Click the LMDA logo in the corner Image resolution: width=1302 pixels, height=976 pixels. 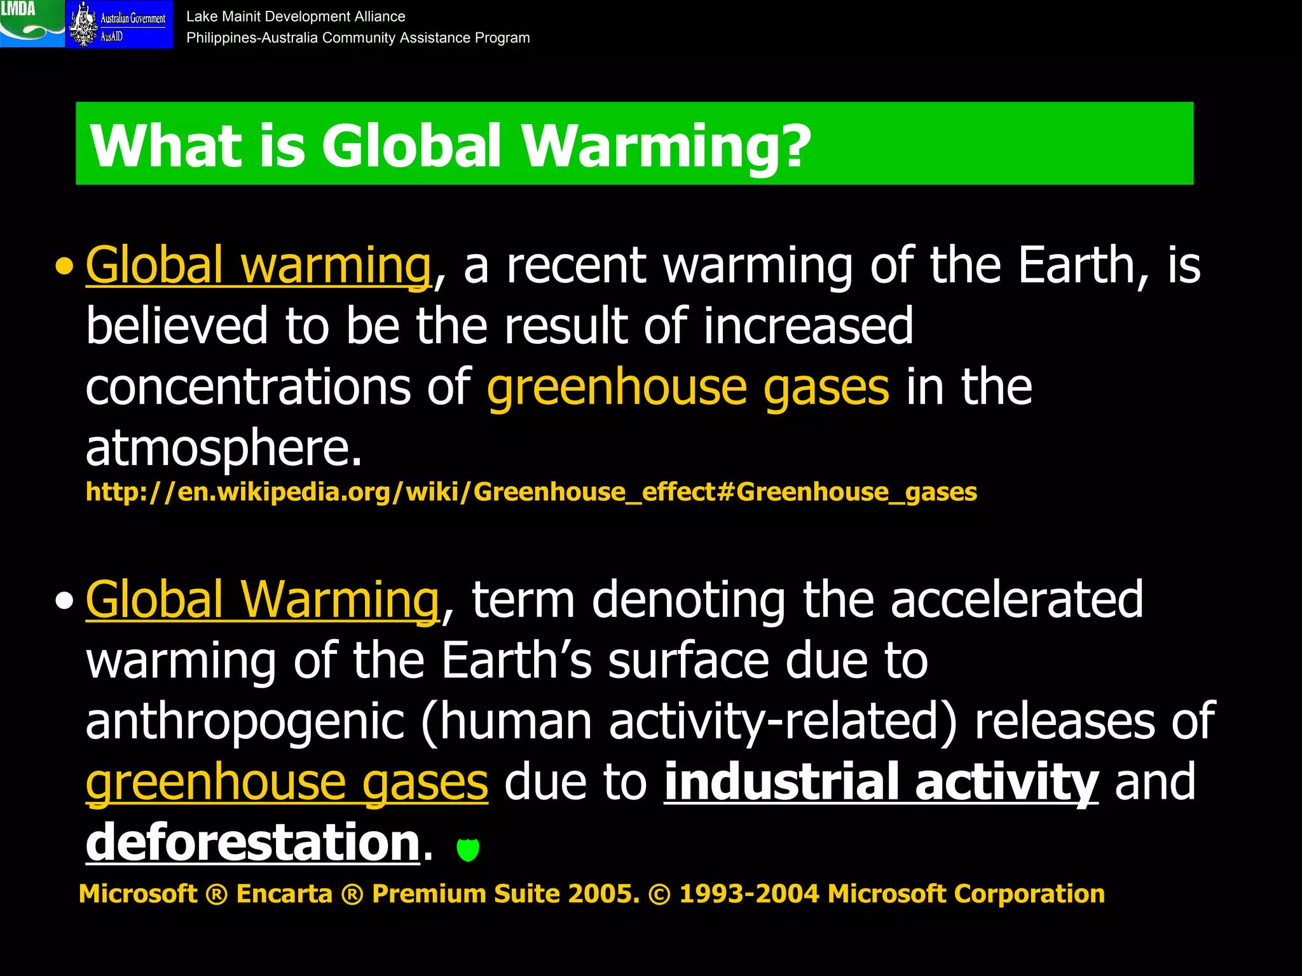[32, 24]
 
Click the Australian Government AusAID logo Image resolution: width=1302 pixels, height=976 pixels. [120, 24]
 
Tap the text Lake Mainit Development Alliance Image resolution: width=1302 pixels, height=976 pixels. [296, 17]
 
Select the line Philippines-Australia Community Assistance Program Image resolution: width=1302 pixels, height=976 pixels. [358, 38]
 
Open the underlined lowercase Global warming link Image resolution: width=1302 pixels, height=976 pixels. [258, 266]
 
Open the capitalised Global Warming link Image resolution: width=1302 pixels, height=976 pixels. [262, 600]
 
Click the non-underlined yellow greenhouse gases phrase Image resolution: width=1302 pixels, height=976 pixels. [687, 388]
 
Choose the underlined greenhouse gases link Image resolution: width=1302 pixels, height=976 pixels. [287, 782]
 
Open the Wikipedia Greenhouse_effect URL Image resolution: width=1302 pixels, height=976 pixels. [531, 492]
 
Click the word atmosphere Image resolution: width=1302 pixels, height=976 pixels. [223, 448]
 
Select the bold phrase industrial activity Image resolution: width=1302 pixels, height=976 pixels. [881, 782]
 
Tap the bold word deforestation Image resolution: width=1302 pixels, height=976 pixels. [252, 843]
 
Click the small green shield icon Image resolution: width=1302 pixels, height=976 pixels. [468, 849]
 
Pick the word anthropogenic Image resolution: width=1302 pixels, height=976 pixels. [245, 721]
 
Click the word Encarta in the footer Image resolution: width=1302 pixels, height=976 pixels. [284, 893]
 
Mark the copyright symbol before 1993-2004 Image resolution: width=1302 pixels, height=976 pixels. [659, 894]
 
